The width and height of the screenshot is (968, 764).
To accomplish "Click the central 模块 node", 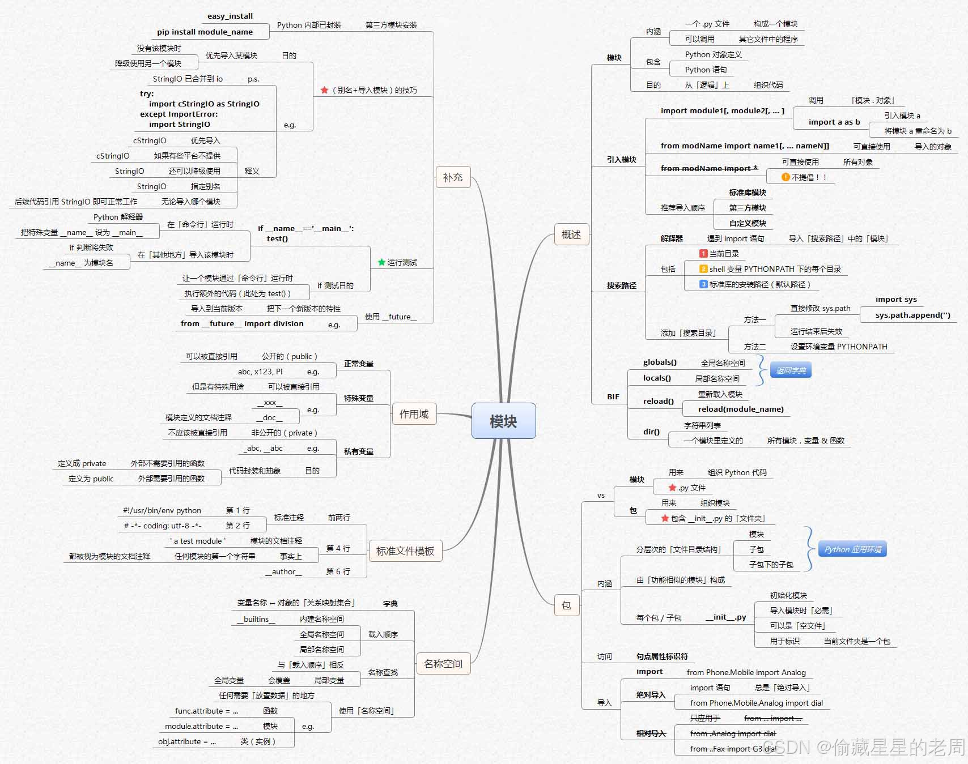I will [503, 421].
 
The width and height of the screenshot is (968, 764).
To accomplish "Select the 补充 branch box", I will [453, 177].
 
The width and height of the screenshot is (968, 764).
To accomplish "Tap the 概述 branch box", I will [571, 234].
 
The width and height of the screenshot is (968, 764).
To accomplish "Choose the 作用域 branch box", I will [414, 414].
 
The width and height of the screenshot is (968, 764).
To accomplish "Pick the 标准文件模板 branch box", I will [405, 551].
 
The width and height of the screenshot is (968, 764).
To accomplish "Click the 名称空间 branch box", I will [443, 664].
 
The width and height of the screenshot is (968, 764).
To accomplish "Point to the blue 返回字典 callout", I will [791, 370].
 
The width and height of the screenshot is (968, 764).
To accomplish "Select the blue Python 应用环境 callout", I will [852, 549].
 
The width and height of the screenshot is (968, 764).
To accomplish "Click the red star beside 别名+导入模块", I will [324, 90].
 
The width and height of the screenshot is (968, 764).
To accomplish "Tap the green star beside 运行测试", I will [381, 262].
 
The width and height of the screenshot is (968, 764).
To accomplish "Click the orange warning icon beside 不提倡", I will [786, 177].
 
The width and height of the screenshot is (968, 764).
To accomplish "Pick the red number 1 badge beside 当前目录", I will [703, 254].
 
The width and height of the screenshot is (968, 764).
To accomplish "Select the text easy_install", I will [230, 16].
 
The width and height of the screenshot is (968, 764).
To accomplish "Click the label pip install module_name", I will [205, 32].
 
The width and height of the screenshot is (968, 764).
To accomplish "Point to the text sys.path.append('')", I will [912, 315].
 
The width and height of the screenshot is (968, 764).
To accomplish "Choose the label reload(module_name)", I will [741, 409].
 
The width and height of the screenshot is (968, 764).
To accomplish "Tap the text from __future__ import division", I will [242, 323].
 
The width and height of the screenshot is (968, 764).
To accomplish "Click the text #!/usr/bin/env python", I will [162, 510].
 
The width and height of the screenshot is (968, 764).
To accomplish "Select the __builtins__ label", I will [256, 619].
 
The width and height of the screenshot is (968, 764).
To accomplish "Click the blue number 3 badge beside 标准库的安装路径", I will [703, 284].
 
